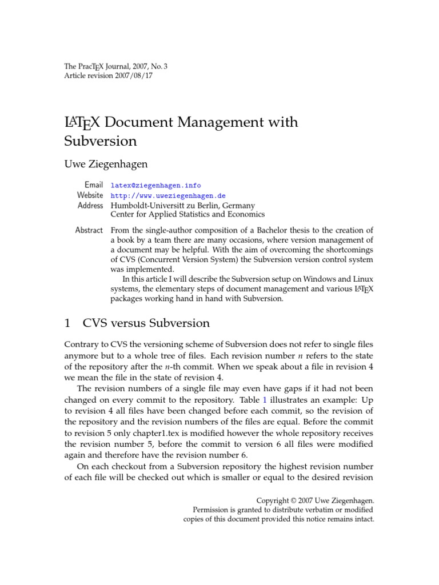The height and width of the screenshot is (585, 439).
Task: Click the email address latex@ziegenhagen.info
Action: pyautogui.click(x=155, y=185)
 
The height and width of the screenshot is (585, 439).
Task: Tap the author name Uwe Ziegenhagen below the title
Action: pyautogui.click(x=106, y=164)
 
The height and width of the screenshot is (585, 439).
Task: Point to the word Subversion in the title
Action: pyautogui.click(x=101, y=141)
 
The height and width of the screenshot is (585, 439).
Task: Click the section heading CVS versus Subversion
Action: pyautogui.click(x=146, y=323)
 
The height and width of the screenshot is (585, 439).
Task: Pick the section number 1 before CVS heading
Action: pyautogui.click(x=67, y=323)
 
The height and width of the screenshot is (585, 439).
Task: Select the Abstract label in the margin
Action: pyautogui.click(x=89, y=230)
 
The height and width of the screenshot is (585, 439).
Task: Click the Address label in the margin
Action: pyautogui.click(x=90, y=205)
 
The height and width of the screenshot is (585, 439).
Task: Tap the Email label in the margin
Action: pyautogui.click(x=94, y=185)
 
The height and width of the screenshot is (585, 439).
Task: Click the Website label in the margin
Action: pyautogui.click(x=90, y=195)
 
